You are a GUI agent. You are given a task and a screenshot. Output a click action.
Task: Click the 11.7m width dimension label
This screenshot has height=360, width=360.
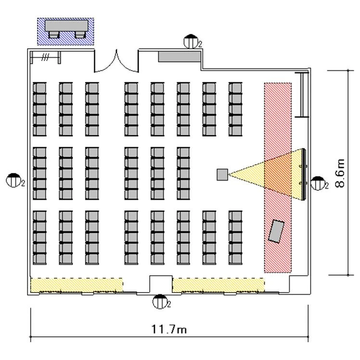(x=169, y=329)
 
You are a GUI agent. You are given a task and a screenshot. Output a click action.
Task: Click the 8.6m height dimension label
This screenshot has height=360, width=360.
(x=340, y=173)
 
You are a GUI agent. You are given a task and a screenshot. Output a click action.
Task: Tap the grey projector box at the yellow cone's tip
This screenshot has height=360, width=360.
(x=222, y=175)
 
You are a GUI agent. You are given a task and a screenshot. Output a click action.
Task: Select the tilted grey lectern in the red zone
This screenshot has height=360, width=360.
(x=276, y=231)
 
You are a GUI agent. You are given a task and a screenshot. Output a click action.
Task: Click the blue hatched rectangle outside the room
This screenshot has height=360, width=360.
(x=65, y=31)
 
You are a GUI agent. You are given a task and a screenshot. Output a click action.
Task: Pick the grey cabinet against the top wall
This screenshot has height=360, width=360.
(x=180, y=56)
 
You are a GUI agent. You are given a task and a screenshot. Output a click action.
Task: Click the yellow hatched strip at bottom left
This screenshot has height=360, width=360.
(x=77, y=285)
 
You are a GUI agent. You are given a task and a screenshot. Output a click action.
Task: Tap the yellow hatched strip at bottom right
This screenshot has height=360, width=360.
(x=219, y=285)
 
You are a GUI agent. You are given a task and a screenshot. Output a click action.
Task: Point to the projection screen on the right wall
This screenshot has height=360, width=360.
(x=304, y=174)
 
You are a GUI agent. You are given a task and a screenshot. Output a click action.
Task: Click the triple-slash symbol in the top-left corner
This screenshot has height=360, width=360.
(x=45, y=57)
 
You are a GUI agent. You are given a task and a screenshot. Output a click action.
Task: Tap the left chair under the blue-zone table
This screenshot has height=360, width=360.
(x=54, y=35)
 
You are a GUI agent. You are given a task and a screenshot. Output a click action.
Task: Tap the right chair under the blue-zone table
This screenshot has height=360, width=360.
(x=80, y=35)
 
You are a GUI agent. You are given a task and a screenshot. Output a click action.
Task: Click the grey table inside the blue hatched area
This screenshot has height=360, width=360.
(x=66, y=26)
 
